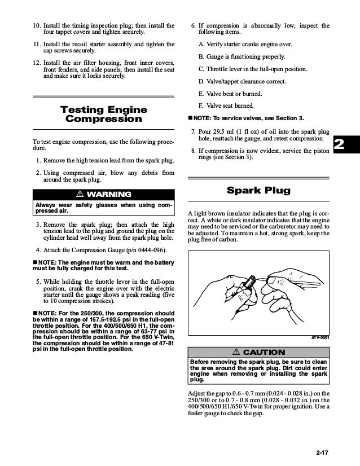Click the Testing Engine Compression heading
click(103, 115)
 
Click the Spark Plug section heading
click(258, 190)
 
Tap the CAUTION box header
click(258, 353)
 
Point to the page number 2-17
click(325, 451)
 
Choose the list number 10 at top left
click(35, 26)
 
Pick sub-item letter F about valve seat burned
click(201, 105)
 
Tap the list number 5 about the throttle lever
click(38, 281)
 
